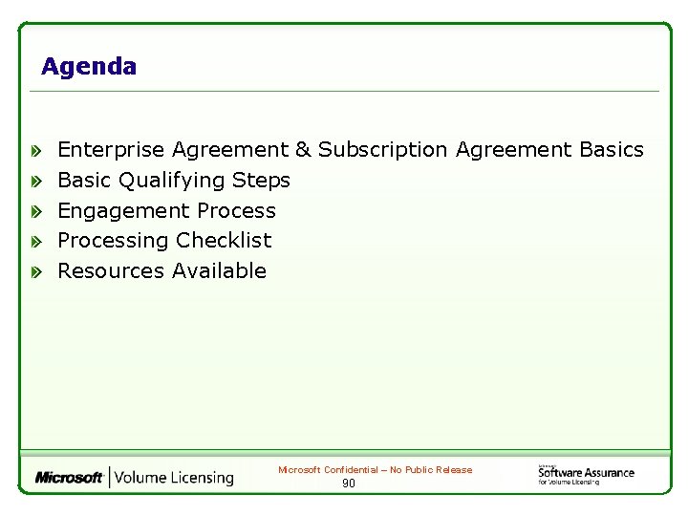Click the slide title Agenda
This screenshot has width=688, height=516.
click(89, 67)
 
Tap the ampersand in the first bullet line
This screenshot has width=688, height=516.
click(303, 150)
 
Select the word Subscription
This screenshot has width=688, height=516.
click(382, 150)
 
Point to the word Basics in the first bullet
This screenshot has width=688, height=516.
click(612, 150)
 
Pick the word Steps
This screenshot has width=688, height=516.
click(261, 181)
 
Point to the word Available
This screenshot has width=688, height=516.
click(219, 271)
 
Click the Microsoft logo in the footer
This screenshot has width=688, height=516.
click(69, 477)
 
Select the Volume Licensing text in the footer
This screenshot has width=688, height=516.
click(175, 477)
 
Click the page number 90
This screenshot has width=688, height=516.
click(349, 484)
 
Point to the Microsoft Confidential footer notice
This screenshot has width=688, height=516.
click(375, 470)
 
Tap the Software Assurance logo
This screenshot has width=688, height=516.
click(586, 474)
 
